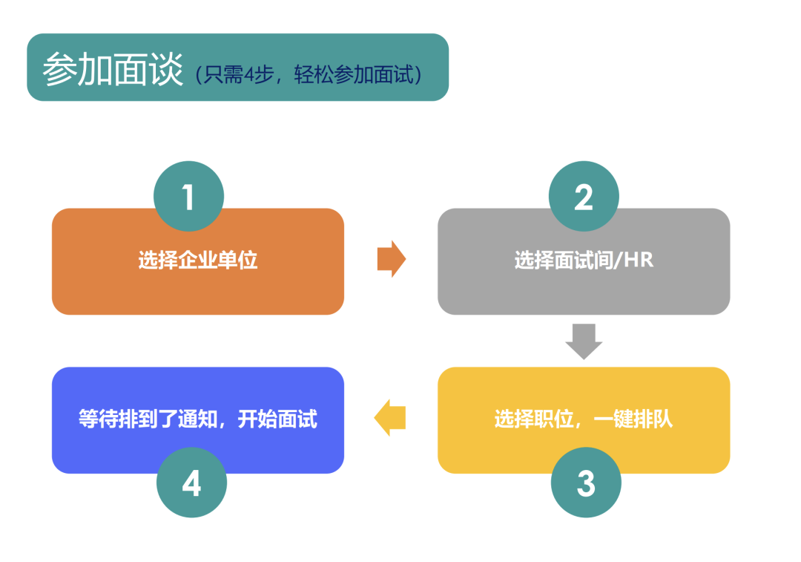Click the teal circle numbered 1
click(x=188, y=197)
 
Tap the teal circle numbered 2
click(x=584, y=197)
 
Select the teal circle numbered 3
click(x=586, y=483)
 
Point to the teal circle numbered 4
click(x=191, y=483)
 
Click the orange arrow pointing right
click(x=392, y=259)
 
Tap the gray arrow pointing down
click(x=584, y=342)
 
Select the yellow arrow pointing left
click(x=390, y=417)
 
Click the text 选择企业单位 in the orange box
click(x=198, y=260)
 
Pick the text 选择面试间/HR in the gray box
click(x=584, y=260)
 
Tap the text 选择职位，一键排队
click(x=584, y=419)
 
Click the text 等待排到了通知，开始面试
click(x=198, y=419)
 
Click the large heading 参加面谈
click(x=113, y=69)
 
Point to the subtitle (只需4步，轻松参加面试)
click(x=309, y=75)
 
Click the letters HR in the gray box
click(x=639, y=260)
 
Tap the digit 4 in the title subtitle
click(x=248, y=75)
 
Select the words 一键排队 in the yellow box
click(x=633, y=419)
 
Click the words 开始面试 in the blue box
click(x=277, y=419)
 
